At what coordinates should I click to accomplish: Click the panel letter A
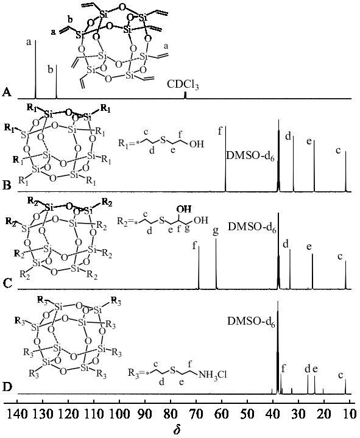point(7,92)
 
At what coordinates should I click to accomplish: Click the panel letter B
point(7,185)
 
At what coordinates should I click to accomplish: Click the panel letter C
point(7,283)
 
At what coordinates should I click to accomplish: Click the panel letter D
point(7,387)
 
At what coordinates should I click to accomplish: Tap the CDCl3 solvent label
point(183,85)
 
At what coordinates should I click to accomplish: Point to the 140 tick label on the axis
point(17,414)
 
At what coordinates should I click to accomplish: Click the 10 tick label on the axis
point(350,414)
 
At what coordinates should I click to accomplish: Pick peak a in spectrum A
point(35,69)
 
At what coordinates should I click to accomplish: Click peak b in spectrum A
point(57,82)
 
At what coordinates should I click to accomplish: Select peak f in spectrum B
point(225,159)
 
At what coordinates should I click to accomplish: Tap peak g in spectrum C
point(216,264)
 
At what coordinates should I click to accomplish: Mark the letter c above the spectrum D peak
point(340,375)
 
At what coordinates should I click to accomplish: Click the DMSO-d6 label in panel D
point(251,322)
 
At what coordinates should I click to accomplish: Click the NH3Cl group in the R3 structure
point(213,374)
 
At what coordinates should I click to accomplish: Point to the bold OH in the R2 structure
point(184,209)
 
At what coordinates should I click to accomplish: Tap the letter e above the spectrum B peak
point(309,141)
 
